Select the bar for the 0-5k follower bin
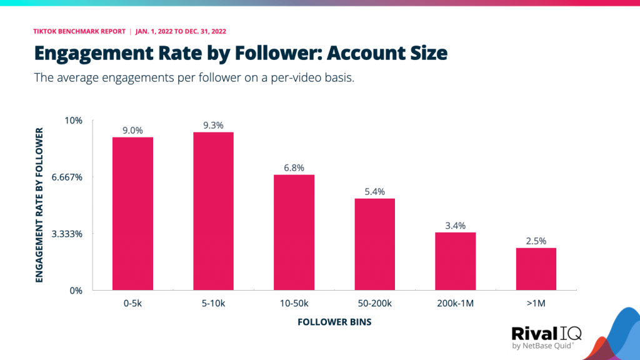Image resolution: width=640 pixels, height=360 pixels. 132,214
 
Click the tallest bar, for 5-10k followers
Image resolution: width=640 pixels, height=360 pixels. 213,211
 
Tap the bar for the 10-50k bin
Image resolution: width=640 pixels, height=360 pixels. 294,232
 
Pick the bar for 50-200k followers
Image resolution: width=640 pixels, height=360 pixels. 374,244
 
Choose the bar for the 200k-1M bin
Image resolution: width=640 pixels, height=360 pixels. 455,261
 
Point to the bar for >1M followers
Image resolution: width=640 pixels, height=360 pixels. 536,269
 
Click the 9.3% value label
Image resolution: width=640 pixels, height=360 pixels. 213,126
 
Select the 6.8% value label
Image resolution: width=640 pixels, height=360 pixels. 294,168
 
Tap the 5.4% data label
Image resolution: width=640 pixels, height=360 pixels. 374,192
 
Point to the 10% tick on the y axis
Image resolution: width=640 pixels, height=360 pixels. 74,120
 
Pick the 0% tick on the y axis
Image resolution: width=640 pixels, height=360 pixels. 76,291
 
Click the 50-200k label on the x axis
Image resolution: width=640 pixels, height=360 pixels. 374,304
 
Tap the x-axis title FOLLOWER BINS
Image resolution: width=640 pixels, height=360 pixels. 334,322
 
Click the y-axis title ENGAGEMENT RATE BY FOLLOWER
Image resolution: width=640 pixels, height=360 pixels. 39,205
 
